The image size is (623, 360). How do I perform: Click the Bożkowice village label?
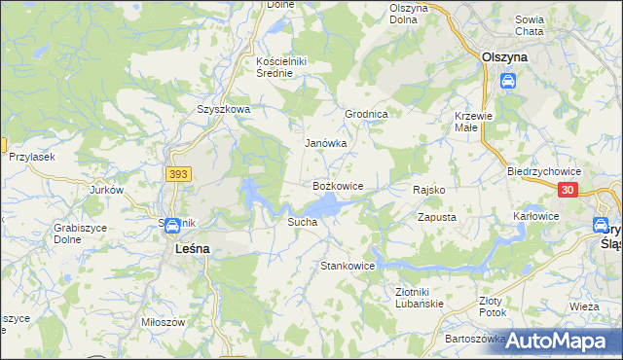coord(337,185)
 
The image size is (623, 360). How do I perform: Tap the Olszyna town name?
coord(505,57)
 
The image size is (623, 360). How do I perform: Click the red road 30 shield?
coord(569,191)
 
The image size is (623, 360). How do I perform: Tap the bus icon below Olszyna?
coord(507,82)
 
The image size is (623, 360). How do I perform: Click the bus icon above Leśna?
coord(171,227)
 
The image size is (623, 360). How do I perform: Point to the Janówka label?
coord(326,143)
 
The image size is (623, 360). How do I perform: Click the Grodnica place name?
coord(367,114)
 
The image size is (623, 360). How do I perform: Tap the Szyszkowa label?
coord(224,110)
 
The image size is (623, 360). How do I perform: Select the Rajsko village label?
coord(429,190)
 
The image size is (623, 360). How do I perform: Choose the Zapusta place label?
coord(437,218)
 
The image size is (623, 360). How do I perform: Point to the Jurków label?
coord(107,190)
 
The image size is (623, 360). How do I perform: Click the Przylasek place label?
coord(31,156)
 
